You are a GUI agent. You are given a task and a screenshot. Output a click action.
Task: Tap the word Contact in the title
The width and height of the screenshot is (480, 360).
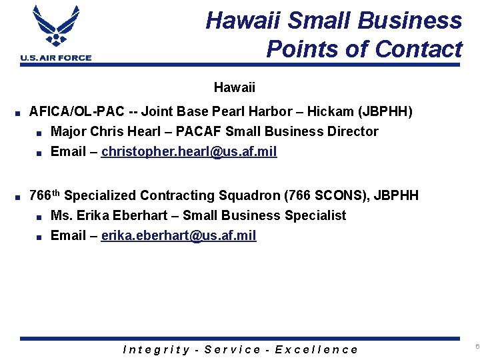(x=419, y=49)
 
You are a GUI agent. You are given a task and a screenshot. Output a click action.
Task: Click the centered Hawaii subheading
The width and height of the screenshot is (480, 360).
(x=234, y=87)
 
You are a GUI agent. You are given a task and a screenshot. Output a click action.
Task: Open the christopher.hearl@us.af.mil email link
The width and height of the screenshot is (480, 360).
(x=189, y=151)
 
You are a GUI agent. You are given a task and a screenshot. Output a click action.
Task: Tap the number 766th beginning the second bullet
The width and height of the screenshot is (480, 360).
(x=45, y=195)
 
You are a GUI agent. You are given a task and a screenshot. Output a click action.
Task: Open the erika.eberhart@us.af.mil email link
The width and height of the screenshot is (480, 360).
(x=179, y=235)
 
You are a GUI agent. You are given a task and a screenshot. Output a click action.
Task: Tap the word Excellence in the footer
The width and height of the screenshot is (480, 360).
(x=316, y=349)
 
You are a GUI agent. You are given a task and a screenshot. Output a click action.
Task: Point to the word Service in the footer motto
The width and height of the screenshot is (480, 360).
(x=233, y=349)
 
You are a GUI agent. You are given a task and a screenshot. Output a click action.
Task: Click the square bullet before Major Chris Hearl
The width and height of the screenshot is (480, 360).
(x=40, y=132)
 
